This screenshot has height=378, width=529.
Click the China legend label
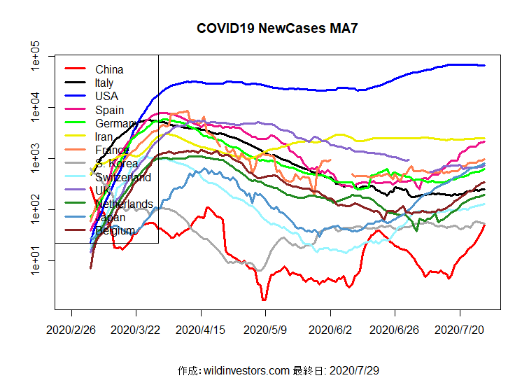109,69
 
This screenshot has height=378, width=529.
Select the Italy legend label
104,83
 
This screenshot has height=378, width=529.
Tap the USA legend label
106,96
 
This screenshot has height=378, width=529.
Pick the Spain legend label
109,110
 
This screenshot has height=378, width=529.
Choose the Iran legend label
103,136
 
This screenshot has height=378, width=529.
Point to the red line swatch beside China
75,69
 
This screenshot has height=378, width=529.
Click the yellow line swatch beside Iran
75,136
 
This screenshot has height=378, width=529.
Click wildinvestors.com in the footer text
246,370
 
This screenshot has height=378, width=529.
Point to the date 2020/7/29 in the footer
353,370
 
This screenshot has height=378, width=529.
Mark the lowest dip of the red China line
264,300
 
